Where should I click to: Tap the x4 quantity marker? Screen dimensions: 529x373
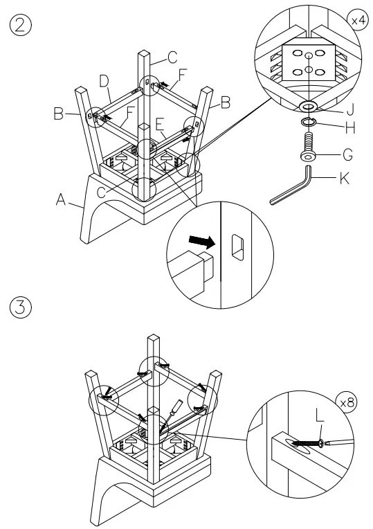(358, 21)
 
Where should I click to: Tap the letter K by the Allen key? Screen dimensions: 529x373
(344, 179)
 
